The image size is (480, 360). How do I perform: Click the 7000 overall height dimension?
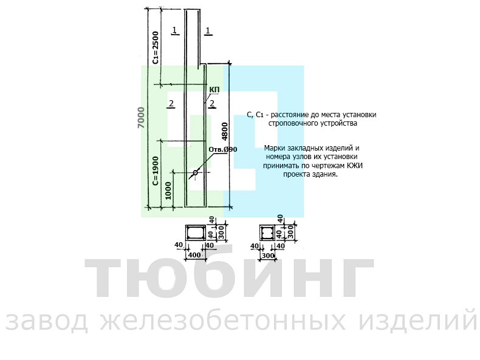point(141,118)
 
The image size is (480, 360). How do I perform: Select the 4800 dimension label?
point(225,132)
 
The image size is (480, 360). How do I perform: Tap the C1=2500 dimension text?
point(156,48)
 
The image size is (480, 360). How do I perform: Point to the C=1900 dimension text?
point(156,171)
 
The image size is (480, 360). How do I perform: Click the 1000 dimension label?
point(168,191)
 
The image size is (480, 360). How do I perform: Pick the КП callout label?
point(214,90)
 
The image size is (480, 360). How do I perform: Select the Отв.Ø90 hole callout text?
point(223,149)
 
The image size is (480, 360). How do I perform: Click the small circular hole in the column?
point(195,173)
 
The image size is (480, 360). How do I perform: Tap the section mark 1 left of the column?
point(175,30)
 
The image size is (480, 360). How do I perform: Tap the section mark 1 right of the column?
point(208,30)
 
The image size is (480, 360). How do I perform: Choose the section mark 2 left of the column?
point(171,103)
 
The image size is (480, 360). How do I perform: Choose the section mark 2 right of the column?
point(212,104)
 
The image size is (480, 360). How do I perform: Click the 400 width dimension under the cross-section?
point(194,255)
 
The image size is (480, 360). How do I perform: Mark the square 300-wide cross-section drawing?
point(267,233)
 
